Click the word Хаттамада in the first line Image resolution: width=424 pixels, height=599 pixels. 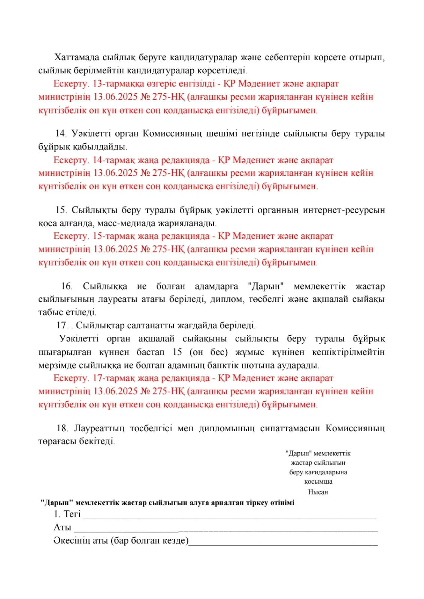[x=77, y=57]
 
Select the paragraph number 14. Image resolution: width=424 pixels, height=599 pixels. [x=61, y=134]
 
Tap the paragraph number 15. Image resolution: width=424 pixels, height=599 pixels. [x=61, y=210]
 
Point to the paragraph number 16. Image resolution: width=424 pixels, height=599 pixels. [x=67, y=286]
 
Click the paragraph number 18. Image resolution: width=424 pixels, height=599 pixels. [x=62, y=428]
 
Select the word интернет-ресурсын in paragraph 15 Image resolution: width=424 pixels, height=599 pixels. [x=343, y=210]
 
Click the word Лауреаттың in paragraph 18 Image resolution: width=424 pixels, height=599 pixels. [x=99, y=428]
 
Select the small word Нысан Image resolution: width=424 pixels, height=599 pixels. [x=318, y=492]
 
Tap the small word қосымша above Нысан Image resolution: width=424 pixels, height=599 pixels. [x=318, y=482]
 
